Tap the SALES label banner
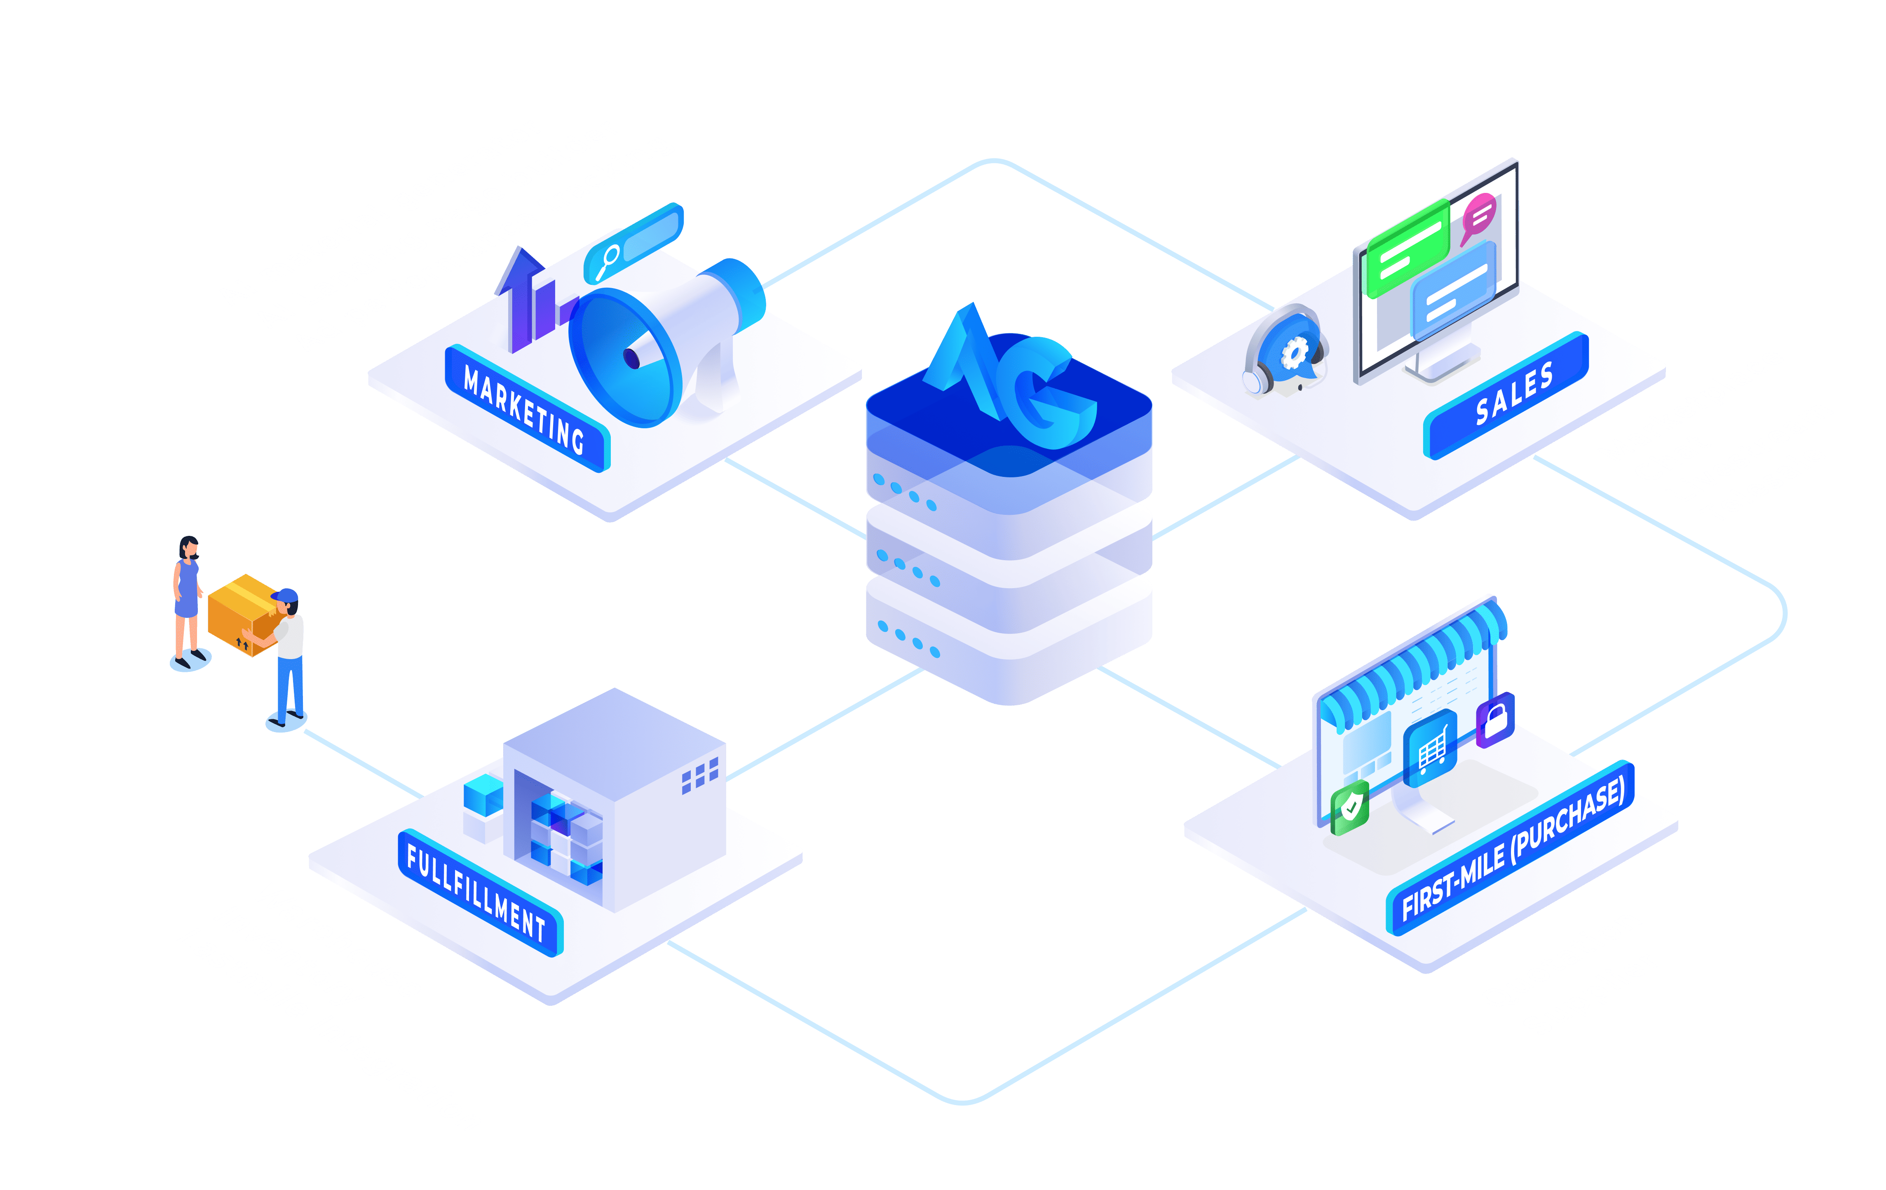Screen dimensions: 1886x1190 (1505, 396)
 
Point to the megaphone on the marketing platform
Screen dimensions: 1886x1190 (666, 343)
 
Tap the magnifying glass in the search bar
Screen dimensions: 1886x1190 (607, 261)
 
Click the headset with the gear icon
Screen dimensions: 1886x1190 (1285, 351)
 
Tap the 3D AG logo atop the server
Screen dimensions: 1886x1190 (1010, 376)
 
